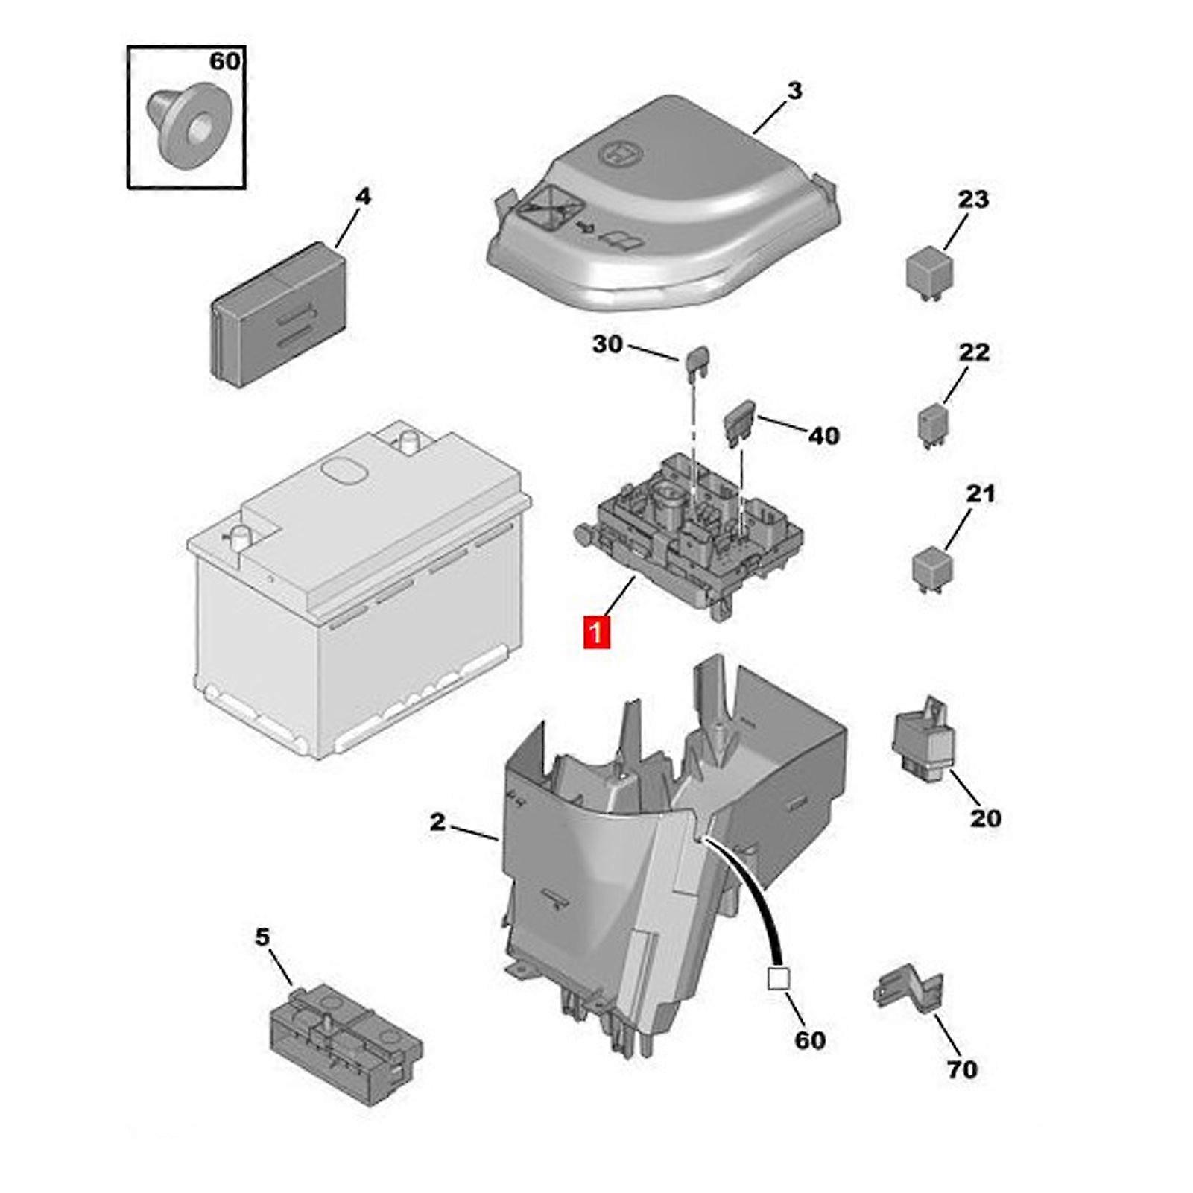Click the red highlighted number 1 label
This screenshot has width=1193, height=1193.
pos(596,633)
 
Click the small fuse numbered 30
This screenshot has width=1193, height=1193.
pos(697,360)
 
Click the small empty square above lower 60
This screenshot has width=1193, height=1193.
pos(778,978)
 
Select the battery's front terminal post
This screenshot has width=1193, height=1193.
pos(240,535)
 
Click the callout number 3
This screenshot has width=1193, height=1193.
pos(794,91)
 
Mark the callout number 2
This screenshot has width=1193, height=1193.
pos(437,822)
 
